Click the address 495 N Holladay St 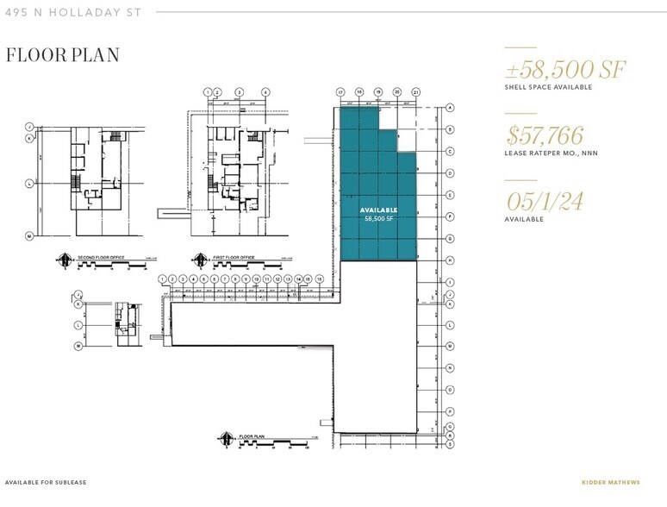(72, 12)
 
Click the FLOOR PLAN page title (62, 55)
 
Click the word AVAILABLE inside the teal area (378, 210)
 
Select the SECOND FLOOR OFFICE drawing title (99, 256)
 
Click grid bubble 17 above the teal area (341, 91)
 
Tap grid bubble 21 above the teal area (415, 91)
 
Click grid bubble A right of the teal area (450, 108)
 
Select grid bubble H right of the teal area (450, 260)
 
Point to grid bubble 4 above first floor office (265, 91)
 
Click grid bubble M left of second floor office (29, 235)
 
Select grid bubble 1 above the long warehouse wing (163, 279)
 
